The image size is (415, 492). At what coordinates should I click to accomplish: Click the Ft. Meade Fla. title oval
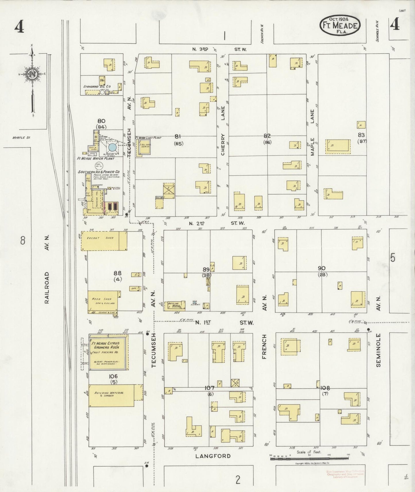pos(340,25)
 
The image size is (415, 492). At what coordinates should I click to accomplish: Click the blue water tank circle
pos(112,148)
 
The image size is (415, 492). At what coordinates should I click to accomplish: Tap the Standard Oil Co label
pos(97,86)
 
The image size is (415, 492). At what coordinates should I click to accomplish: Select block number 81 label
pos(178,137)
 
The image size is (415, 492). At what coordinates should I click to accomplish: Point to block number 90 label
pos(321,268)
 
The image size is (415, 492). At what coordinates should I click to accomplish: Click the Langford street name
pos(213,456)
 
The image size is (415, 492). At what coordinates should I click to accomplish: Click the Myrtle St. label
pos(21,137)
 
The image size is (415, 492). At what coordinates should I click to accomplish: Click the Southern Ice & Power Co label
pos(99,172)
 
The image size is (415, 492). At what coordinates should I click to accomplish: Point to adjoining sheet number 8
pos(23,240)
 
